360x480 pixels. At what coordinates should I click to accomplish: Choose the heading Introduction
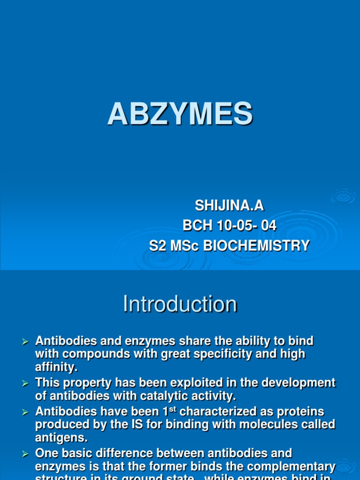[180, 304]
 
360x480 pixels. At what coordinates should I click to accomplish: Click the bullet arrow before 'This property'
[26, 384]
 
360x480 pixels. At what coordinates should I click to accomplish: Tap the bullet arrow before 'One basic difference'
[26, 454]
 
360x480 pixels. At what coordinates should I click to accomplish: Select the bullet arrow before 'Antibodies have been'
[26, 412]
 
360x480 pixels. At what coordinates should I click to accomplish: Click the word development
[300, 383]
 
